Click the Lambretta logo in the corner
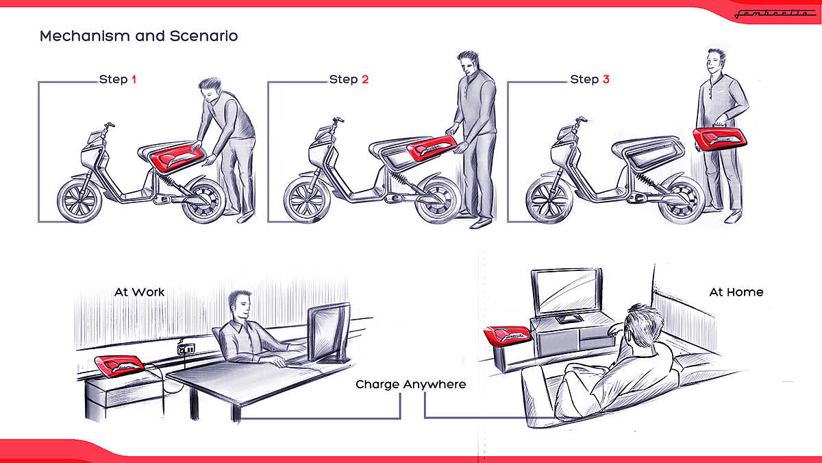pyautogui.click(x=774, y=14)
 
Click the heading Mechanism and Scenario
pyautogui.click(x=138, y=36)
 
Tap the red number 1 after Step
pyautogui.click(x=134, y=80)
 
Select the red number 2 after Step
pyautogui.click(x=365, y=80)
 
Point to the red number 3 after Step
pyautogui.click(x=606, y=80)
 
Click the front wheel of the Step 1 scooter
pyautogui.click(x=79, y=201)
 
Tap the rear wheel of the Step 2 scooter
pyautogui.click(x=438, y=201)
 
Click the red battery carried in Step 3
pyautogui.click(x=720, y=139)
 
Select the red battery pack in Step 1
pyautogui.click(x=177, y=157)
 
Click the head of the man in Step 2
pyautogui.click(x=469, y=62)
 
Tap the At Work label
pyautogui.click(x=140, y=292)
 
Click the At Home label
pyautogui.click(x=736, y=292)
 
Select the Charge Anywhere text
pyautogui.click(x=410, y=384)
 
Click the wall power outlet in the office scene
pyautogui.click(x=186, y=348)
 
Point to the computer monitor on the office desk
pyautogui.click(x=329, y=333)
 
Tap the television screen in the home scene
pyautogui.click(x=567, y=292)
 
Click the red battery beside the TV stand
pyautogui.click(x=507, y=335)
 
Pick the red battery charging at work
pyautogui.click(x=120, y=366)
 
